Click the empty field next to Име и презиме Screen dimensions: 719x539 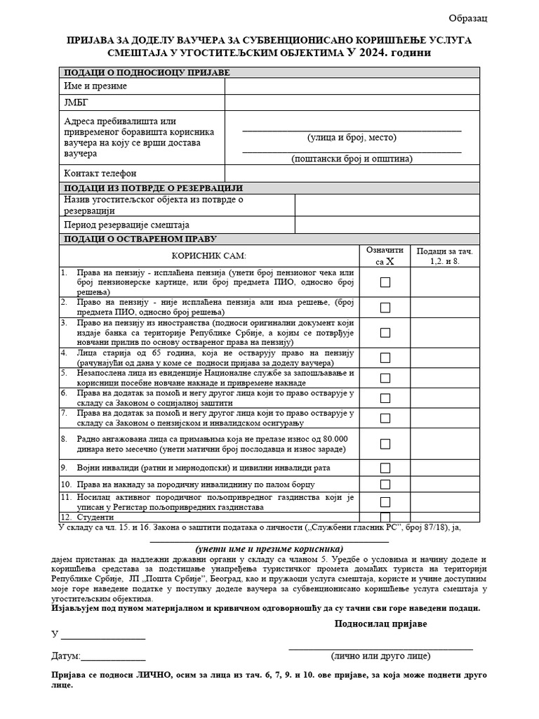click(352, 86)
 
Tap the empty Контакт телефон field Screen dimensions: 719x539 click(352, 173)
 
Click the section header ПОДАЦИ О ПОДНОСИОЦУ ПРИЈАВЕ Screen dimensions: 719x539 click(147, 72)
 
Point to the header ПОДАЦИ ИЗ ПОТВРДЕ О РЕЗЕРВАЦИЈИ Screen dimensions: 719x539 click(153, 188)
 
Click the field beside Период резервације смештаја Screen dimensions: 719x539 click(387, 225)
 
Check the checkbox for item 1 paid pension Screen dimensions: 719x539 click(385, 282)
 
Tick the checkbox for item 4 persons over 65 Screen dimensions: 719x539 click(385, 358)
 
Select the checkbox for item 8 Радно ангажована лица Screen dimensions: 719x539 click(385, 444)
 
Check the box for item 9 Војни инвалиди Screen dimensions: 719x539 click(385, 468)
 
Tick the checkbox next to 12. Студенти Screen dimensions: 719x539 click(385, 517)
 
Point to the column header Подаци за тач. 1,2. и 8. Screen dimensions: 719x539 click(445, 256)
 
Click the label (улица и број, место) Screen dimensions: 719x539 click(352, 138)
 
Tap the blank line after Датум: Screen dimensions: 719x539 click(114, 658)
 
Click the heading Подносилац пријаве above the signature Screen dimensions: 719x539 click(380, 624)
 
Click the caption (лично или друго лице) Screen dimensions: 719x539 click(380, 656)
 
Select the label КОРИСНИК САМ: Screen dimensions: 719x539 click(209, 256)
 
